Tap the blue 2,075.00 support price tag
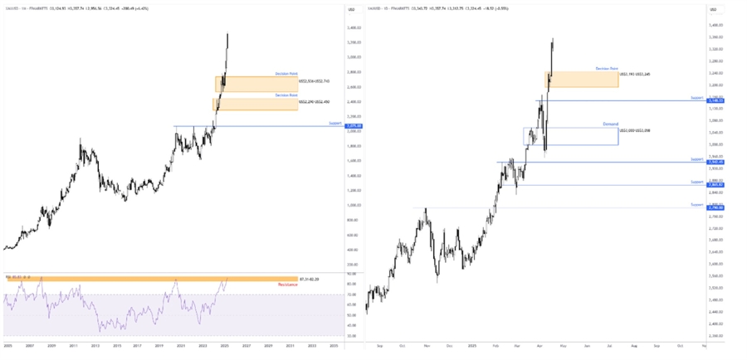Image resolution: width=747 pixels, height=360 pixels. click(x=353, y=126)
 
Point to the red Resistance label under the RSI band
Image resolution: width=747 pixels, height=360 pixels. click(x=286, y=285)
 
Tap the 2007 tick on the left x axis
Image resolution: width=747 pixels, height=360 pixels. click(x=29, y=345)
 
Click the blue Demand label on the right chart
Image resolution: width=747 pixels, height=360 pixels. click(x=611, y=124)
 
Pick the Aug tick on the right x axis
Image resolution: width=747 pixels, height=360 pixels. click(x=632, y=345)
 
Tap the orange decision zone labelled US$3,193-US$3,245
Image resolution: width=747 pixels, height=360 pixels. click(x=581, y=79)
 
